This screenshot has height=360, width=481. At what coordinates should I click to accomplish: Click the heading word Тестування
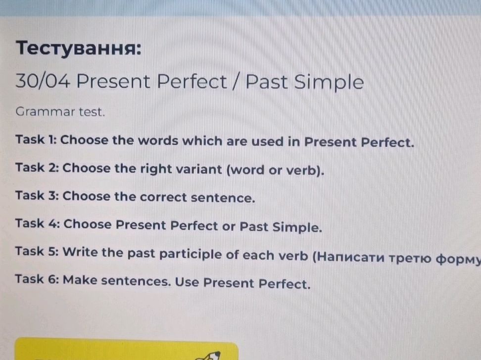point(78,49)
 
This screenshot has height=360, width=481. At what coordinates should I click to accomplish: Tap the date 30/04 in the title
point(42,81)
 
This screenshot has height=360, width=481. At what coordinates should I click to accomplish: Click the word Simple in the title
point(329,82)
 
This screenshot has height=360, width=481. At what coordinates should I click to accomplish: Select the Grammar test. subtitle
point(60,112)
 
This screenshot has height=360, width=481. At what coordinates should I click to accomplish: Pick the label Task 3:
point(37,195)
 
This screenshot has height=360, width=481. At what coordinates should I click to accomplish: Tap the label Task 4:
point(37,224)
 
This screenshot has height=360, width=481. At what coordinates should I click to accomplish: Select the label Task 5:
point(37,252)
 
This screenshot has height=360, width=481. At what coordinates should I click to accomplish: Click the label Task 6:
point(37,279)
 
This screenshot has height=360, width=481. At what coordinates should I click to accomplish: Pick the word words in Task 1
point(157,141)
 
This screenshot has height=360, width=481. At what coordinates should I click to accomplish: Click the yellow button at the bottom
point(126,350)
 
